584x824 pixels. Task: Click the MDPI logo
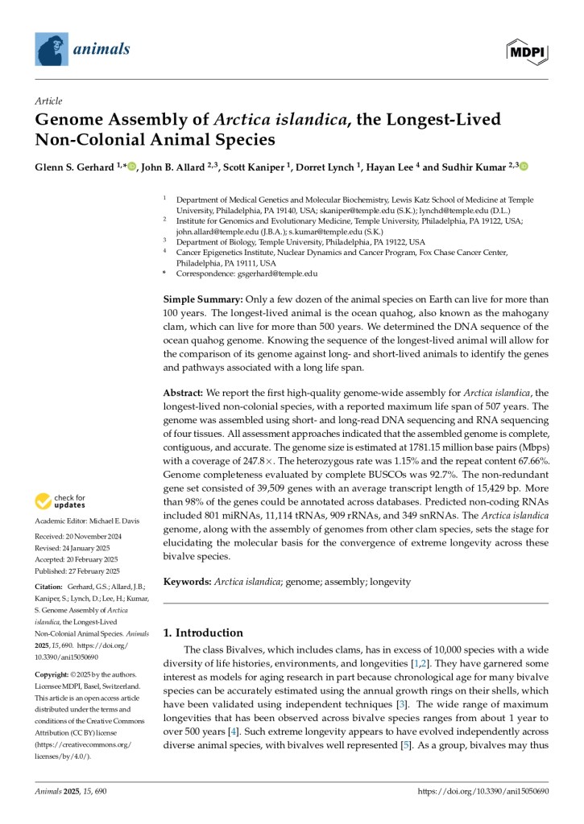pyautogui.click(x=527, y=51)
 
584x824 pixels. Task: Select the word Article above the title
pyautogui.click(x=48, y=101)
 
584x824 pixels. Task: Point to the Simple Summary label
pyautogui.click(x=198, y=299)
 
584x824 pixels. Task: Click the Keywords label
pyautogui.click(x=188, y=580)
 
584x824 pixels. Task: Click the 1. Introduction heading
pyautogui.click(x=203, y=632)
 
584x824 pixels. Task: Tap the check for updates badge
pyautogui.click(x=60, y=502)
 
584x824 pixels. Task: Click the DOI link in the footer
pyautogui.click(x=483, y=792)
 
